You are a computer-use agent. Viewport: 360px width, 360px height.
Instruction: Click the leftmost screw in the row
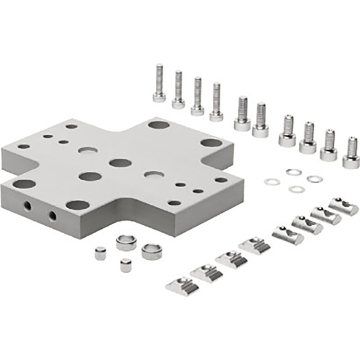159,85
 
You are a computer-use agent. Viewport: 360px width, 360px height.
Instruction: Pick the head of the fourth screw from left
217,116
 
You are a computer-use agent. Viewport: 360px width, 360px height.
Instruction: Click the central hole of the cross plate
120,163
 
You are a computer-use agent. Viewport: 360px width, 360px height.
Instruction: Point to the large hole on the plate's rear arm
158,124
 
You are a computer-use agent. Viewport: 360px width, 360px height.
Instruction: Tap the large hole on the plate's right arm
211,143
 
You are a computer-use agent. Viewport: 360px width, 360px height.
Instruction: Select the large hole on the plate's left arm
24,184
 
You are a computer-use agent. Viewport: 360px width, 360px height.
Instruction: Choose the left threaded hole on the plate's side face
27,206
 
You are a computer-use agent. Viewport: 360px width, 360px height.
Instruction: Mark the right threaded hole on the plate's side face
52,215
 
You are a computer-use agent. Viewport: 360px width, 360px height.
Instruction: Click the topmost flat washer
294,172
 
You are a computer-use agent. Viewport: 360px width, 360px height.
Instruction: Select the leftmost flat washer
272,182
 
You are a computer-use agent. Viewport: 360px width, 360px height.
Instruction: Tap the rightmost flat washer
315,179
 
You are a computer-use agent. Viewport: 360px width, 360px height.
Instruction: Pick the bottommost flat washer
297,189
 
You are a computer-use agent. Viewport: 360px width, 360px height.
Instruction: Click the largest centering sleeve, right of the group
152,251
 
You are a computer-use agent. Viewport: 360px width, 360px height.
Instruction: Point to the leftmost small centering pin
100,253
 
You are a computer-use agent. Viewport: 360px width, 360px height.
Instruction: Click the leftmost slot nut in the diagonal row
182,285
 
